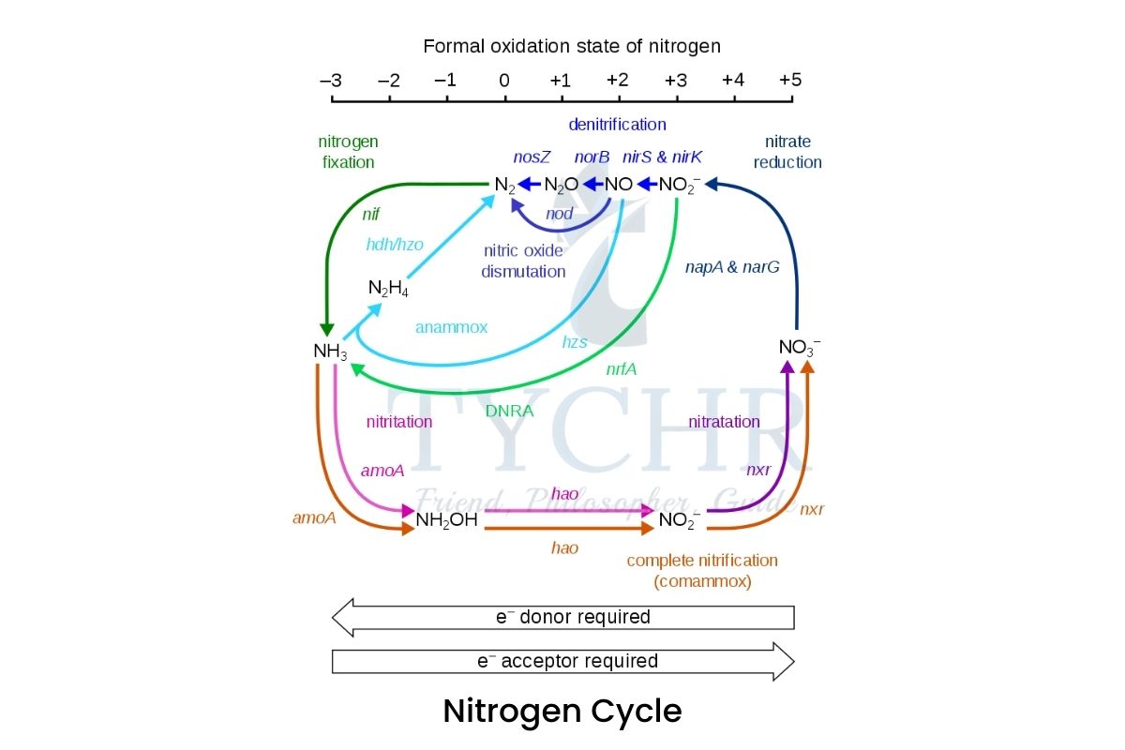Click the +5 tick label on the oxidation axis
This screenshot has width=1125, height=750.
790,80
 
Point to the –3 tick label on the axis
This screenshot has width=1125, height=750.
330,80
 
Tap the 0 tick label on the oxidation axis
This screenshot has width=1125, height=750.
503,80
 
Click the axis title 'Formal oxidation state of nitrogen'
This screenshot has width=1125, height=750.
571,45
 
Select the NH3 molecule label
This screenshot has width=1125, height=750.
330,352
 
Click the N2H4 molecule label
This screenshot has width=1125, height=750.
388,288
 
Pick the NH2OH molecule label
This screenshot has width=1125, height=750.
446,519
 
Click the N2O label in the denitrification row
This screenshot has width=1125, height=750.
561,185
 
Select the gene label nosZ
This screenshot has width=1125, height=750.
532,157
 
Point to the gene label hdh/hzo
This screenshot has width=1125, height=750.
395,244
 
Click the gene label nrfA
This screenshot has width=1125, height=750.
621,368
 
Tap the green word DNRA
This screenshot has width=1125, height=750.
510,410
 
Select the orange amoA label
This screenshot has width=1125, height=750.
314,517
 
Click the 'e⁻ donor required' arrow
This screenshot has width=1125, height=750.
563,618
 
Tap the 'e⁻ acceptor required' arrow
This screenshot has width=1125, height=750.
563,661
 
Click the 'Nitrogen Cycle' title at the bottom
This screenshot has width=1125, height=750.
562,711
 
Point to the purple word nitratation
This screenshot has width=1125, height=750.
724,422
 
